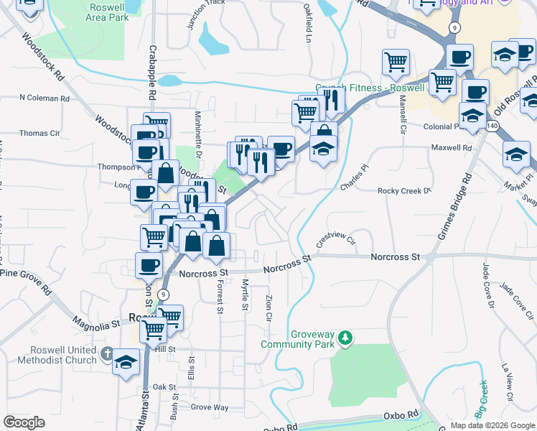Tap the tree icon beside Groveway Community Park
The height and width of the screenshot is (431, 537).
(346, 337)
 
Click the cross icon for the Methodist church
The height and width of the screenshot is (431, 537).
(107, 353)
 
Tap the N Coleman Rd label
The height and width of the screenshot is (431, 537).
(44, 98)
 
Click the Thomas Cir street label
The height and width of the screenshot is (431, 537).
(39, 133)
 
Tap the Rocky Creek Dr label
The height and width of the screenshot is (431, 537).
(403, 191)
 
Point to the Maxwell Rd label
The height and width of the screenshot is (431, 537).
(451, 147)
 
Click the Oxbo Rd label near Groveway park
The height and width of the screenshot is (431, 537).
(401, 414)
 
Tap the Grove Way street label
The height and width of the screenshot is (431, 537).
(210, 407)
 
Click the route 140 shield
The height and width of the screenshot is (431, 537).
(492, 126)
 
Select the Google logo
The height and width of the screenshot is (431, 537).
(24, 422)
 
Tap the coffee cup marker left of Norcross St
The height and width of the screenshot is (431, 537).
(149, 264)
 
